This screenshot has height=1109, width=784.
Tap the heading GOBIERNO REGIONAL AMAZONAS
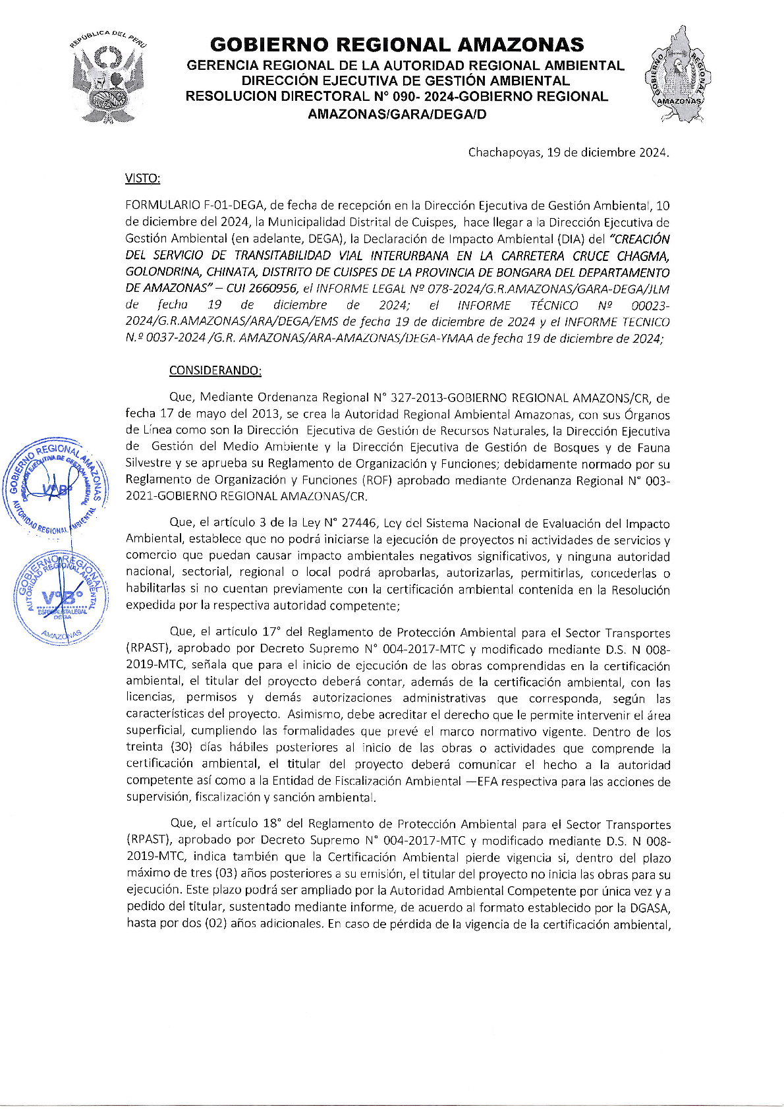(x=397, y=45)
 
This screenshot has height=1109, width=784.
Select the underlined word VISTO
(x=142, y=179)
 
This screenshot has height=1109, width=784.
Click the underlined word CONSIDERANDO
(x=215, y=370)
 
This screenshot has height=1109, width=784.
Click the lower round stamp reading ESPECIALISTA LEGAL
(x=59, y=596)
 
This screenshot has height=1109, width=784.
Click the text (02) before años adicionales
(x=215, y=924)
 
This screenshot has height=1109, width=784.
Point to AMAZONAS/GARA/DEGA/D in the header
(x=397, y=113)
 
